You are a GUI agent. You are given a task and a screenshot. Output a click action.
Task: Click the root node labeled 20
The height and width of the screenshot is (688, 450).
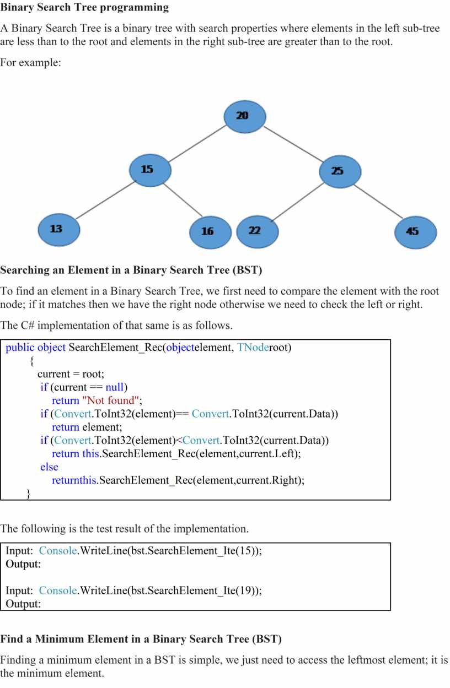point(244,116)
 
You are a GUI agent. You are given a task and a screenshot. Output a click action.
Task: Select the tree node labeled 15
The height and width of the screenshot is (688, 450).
point(149,170)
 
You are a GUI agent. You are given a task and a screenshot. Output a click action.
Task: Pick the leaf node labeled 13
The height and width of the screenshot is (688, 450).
point(58,229)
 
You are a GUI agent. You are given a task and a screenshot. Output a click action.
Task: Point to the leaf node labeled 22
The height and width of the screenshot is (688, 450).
point(257,231)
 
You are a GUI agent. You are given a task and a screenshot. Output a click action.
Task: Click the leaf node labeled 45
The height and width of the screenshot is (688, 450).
point(415,232)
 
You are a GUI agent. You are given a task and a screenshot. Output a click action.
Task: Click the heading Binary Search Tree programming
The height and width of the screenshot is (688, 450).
point(84,8)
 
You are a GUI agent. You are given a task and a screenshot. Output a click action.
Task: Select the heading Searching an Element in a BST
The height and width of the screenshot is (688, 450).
point(131,270)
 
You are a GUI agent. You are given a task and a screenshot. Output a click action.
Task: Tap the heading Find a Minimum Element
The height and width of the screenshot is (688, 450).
point(141,639)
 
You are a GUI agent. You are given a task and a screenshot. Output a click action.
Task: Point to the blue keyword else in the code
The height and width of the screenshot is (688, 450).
point(49,467)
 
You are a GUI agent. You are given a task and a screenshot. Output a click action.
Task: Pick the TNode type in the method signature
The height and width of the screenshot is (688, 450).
point(253,348)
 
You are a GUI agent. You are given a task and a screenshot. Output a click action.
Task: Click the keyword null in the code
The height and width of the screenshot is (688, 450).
point(116,387)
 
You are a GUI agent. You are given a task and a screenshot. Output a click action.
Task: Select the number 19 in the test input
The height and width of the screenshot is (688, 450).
point(246,591)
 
